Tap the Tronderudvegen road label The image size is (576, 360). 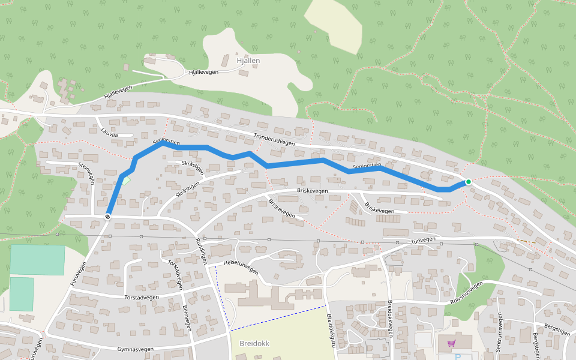pyautogui.click(x=274, y=139)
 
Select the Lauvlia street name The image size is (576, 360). pyautogui.click(x=110, y=134)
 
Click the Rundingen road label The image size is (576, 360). pyautogui.click(x=201, y=251)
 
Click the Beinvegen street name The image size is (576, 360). pyautogui.click(x=186, y=318)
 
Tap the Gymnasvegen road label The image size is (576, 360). pyautogui.click(x=136, y=349)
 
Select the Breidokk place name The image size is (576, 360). pyautogui.click(x=254, y=344)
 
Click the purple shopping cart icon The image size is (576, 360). pyautogui.click(x=451, y=344)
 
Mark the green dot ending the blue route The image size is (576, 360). pyautogui.click(x=468, y=182)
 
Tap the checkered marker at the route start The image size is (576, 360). pyautogui.click(x=107, y=216)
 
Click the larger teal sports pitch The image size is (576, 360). pyautogui.click(x=37, y=260)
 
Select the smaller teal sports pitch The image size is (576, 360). pyautogui.click(x=22, y=294)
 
